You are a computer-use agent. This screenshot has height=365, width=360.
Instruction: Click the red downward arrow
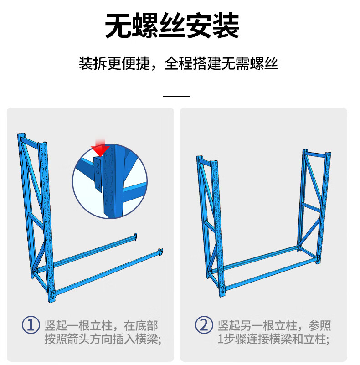coord(100,149)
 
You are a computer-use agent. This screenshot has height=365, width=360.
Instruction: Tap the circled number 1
coord(31,325)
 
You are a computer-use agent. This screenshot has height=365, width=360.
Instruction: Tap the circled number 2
coord(204,325)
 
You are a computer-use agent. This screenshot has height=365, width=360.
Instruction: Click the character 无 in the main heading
coord(118,26)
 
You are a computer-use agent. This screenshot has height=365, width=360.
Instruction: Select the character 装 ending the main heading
coord(226,26)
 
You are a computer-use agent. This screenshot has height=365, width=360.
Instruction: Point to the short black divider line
coord(176,96)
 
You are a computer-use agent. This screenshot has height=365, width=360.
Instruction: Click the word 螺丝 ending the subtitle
coord(264,63)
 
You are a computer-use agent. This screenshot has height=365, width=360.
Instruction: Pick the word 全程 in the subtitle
coord(178,63)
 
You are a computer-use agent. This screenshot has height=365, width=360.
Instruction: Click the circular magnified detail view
coord(110,181)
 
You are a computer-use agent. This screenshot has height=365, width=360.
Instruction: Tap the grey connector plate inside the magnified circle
coord(98,174)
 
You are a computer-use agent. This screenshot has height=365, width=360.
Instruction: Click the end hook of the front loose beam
coord(160,252)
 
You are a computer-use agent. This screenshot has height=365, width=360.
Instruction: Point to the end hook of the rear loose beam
coord(135,236)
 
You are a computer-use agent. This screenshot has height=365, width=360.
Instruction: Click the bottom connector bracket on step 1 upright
coord(53,294)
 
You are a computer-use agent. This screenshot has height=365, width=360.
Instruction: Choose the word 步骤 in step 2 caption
coord(234,339)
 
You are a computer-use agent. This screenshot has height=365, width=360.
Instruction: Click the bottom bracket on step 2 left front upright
coord(224,290)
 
